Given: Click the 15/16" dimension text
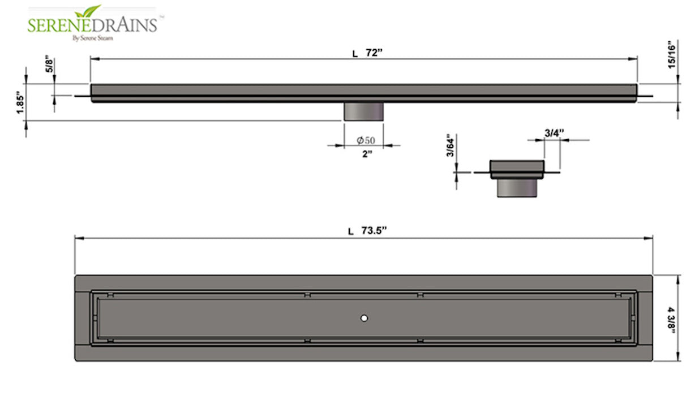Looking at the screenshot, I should (672, 55).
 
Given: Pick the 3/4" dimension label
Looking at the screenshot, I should (554, 132).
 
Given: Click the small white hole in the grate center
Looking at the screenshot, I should (364, 318).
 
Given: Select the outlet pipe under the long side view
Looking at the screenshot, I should (364, 111).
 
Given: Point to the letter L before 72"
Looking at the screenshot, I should (355, 54).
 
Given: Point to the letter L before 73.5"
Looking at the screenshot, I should (351, 231).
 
